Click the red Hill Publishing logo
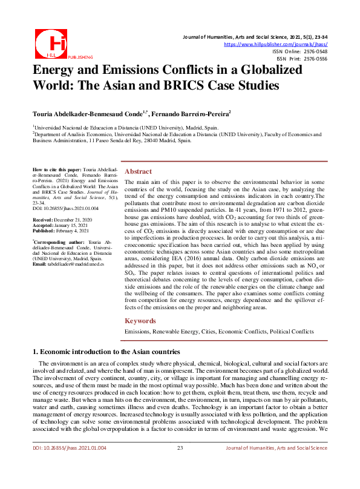click(50, 41)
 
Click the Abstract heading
click(138, 171)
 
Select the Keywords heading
click(141, 321)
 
